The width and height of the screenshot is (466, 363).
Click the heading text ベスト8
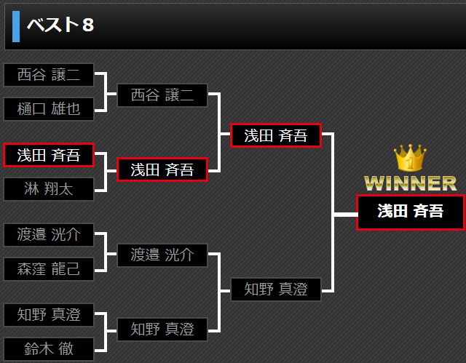tap(60, 25)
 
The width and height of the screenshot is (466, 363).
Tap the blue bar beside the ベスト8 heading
tap(16, 25)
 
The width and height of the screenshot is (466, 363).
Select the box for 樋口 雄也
tap(49, 109)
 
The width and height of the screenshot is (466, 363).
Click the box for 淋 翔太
tap(49, 189)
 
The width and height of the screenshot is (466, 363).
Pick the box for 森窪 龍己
tap(49, 269)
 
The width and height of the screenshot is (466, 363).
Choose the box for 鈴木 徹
tap(49, 348)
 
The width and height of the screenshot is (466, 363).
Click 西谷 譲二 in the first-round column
tap(49, 75)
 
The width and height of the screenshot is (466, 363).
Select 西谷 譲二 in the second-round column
tap(162, 95)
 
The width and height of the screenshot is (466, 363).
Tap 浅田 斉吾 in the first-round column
tap(49, 155)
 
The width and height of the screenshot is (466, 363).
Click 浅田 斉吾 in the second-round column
tap(162, 169)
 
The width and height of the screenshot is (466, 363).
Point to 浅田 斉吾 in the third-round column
tap(276, 135)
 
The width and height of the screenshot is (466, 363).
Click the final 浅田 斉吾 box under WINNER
tap(410, 212)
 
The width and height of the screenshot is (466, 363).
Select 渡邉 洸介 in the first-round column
tap(49, 235)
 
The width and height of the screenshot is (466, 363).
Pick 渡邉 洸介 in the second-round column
tap(162, 255)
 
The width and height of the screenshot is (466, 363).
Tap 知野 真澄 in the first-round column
tap(49, 315)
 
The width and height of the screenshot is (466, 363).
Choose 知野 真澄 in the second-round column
tap(162, 330)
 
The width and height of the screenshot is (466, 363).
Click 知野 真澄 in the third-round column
tap(276, 290)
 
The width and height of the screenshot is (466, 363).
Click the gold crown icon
tap(409, 158)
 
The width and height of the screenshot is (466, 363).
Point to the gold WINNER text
tap(410, 183)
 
